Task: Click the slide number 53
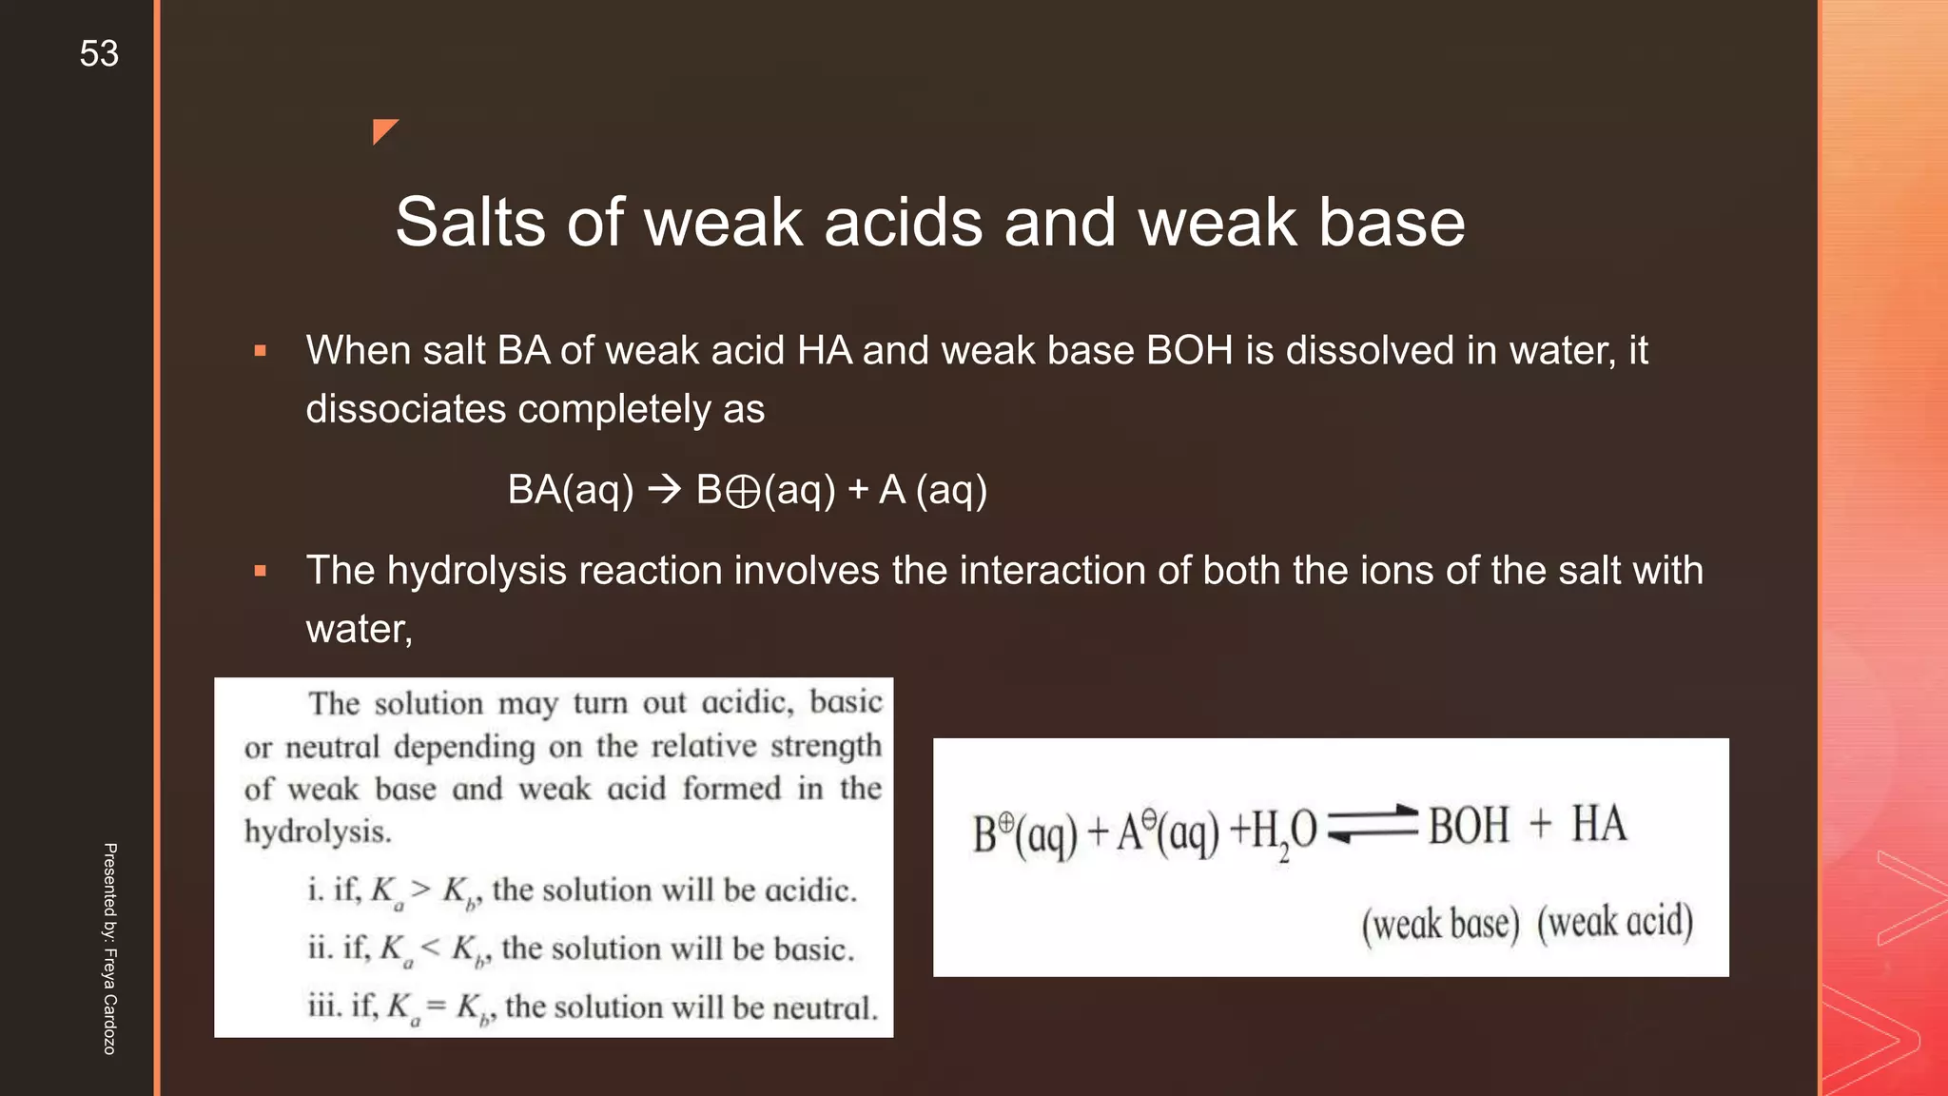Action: [x=99, y=53]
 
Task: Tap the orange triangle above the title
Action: [x=382, y=129]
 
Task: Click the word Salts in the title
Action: [x=471, y=223]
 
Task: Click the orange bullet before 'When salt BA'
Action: [x=260, y=351]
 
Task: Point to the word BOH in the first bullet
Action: [x=1189, y=350]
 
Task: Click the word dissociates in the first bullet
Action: [x=405, y=409]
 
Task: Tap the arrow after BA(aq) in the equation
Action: [x=665, y=490]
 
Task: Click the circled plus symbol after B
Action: [x=743, y=492]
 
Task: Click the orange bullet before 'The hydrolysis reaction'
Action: [x=260, y=571]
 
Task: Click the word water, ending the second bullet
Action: [x=359, y=629]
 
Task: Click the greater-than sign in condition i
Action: [x=420, y=889]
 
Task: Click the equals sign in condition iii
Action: [x=436, y=1006]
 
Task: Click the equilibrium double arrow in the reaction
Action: [x=1373, y=824]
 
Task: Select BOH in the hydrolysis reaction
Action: [x=1469, y=825]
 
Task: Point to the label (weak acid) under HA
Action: [x=1615, y=922]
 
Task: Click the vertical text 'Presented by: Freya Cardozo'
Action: [x=110, y=949]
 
